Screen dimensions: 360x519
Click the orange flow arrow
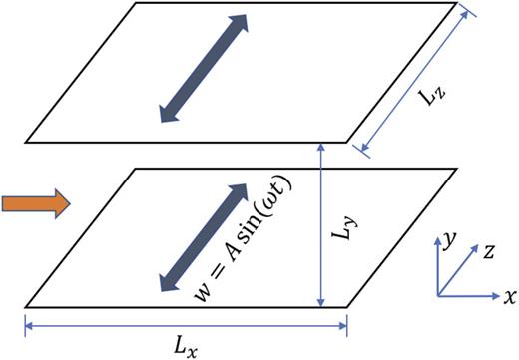(x=36, y=204)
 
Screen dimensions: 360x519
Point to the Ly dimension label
(x=343, y=236)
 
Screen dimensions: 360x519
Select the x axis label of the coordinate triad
(x=510, y=296)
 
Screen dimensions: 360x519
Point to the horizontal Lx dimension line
(x=185, y=322)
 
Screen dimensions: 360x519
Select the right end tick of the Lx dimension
(x=347, y=322)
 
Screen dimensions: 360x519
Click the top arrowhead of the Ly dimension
(x=319, y=147)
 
